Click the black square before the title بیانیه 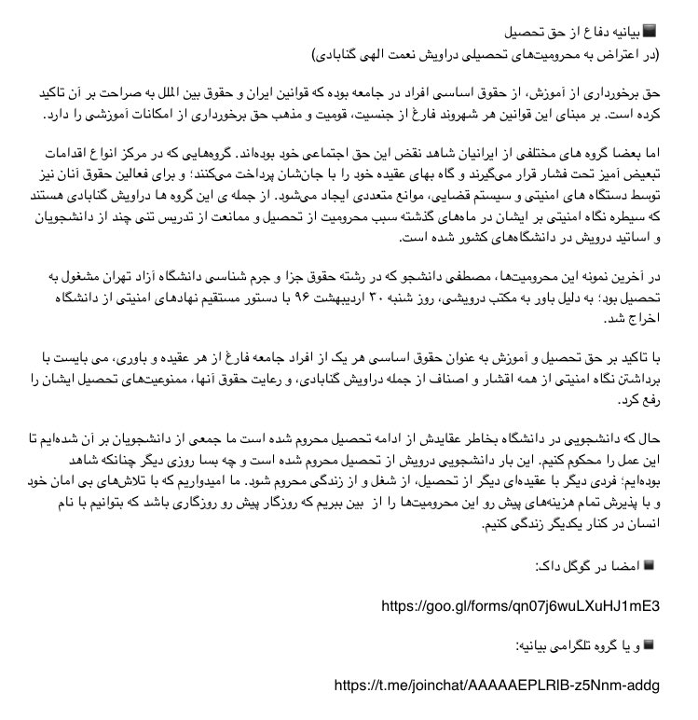pyautogui.click(x=650, y=30)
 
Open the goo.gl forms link pyautogui.click(x=520, y=606)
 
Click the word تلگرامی pyautogui.click(x=540, y=645)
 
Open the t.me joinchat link pyautogui.click(x=496, y=685)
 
